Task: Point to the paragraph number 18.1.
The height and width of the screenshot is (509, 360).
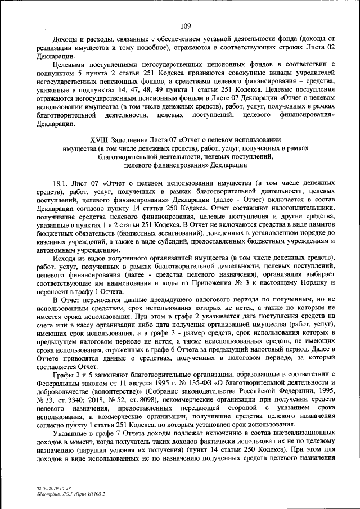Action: point(60,183)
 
